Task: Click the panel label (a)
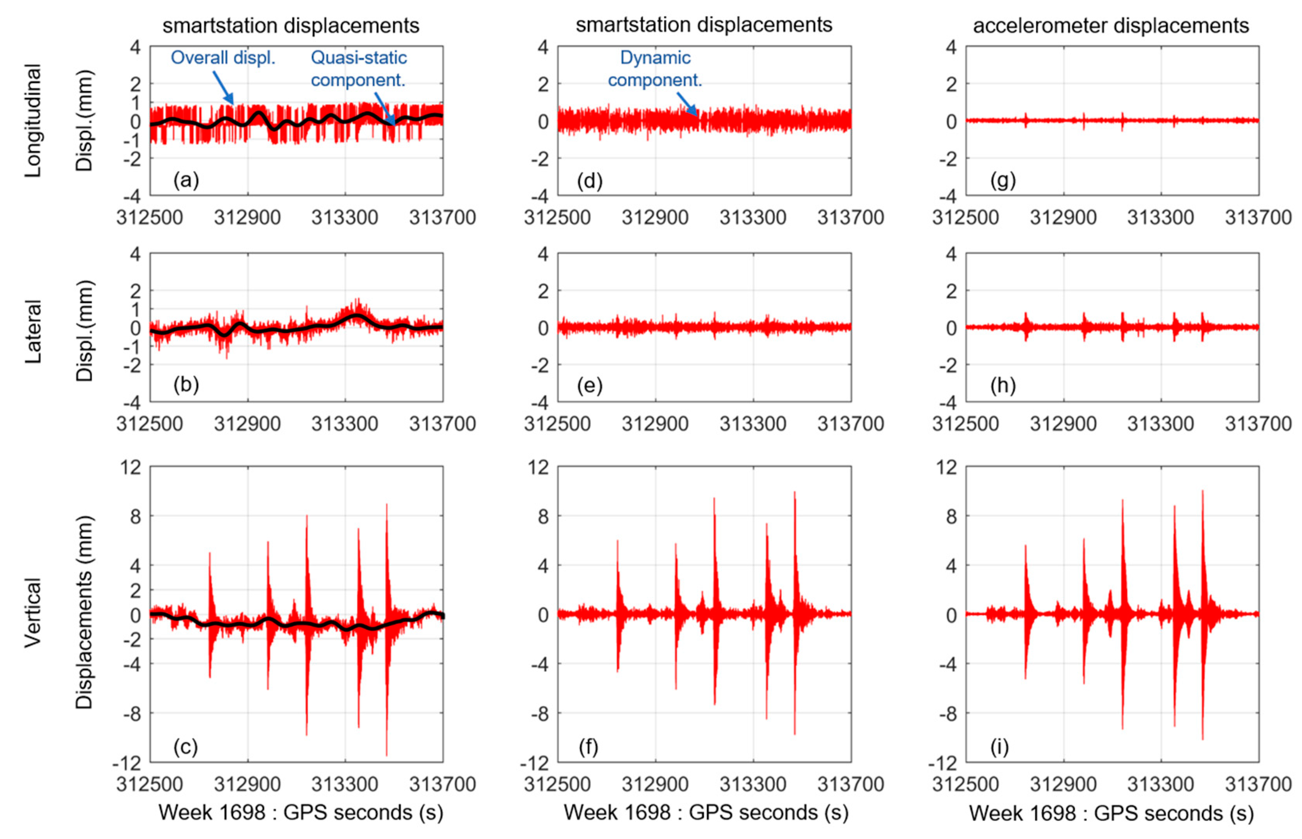185,179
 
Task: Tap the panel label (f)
588,746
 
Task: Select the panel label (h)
1002,385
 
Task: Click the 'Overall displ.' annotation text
223,57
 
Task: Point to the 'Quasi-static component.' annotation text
358,69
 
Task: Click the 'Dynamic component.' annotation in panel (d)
655,69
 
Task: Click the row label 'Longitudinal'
33,120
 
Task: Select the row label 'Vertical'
33,612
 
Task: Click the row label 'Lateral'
33,331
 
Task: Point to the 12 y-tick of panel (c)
130,467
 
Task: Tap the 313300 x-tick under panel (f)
753,784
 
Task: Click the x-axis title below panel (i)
1111,813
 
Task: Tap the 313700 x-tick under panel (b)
442,423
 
